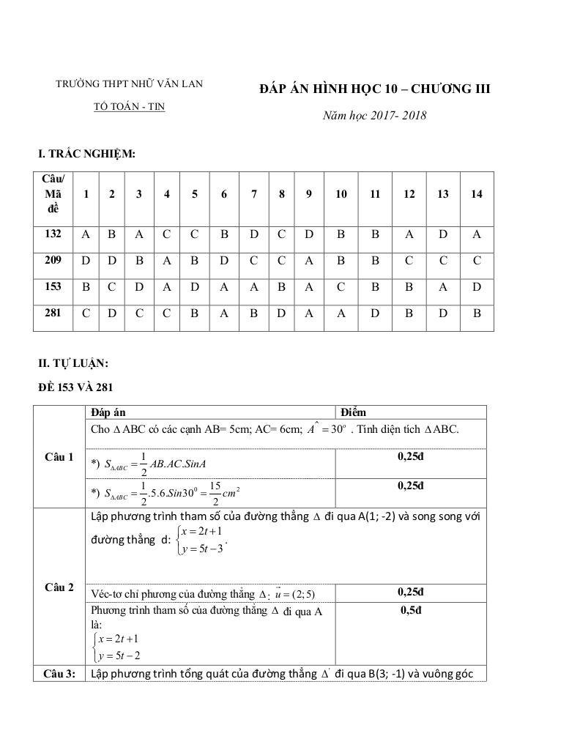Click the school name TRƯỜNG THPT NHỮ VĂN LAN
click(x=130, y=83)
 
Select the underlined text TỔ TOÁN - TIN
click(x=130, y=106)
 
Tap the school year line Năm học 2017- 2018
click(x=375, y=115)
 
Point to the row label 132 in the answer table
click(x=53, y=234)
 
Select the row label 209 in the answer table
click(x=53, y=260)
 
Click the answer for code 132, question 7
click(x=253, y=234)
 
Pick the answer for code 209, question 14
click(x=477, y=261)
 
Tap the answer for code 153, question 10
click(x=341, y=287)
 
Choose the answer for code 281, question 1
click(x=86, y=313)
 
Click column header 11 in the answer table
click(x=375, y=194)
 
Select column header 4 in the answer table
click(x=167, y=194)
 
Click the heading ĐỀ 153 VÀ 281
click(x=75, y=387)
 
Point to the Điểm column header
click(x=353, y=412)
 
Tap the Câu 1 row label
click(x=59, y=457)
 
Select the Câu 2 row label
click(x=59, y=587)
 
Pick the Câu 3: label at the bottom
click(x=59, y=673)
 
